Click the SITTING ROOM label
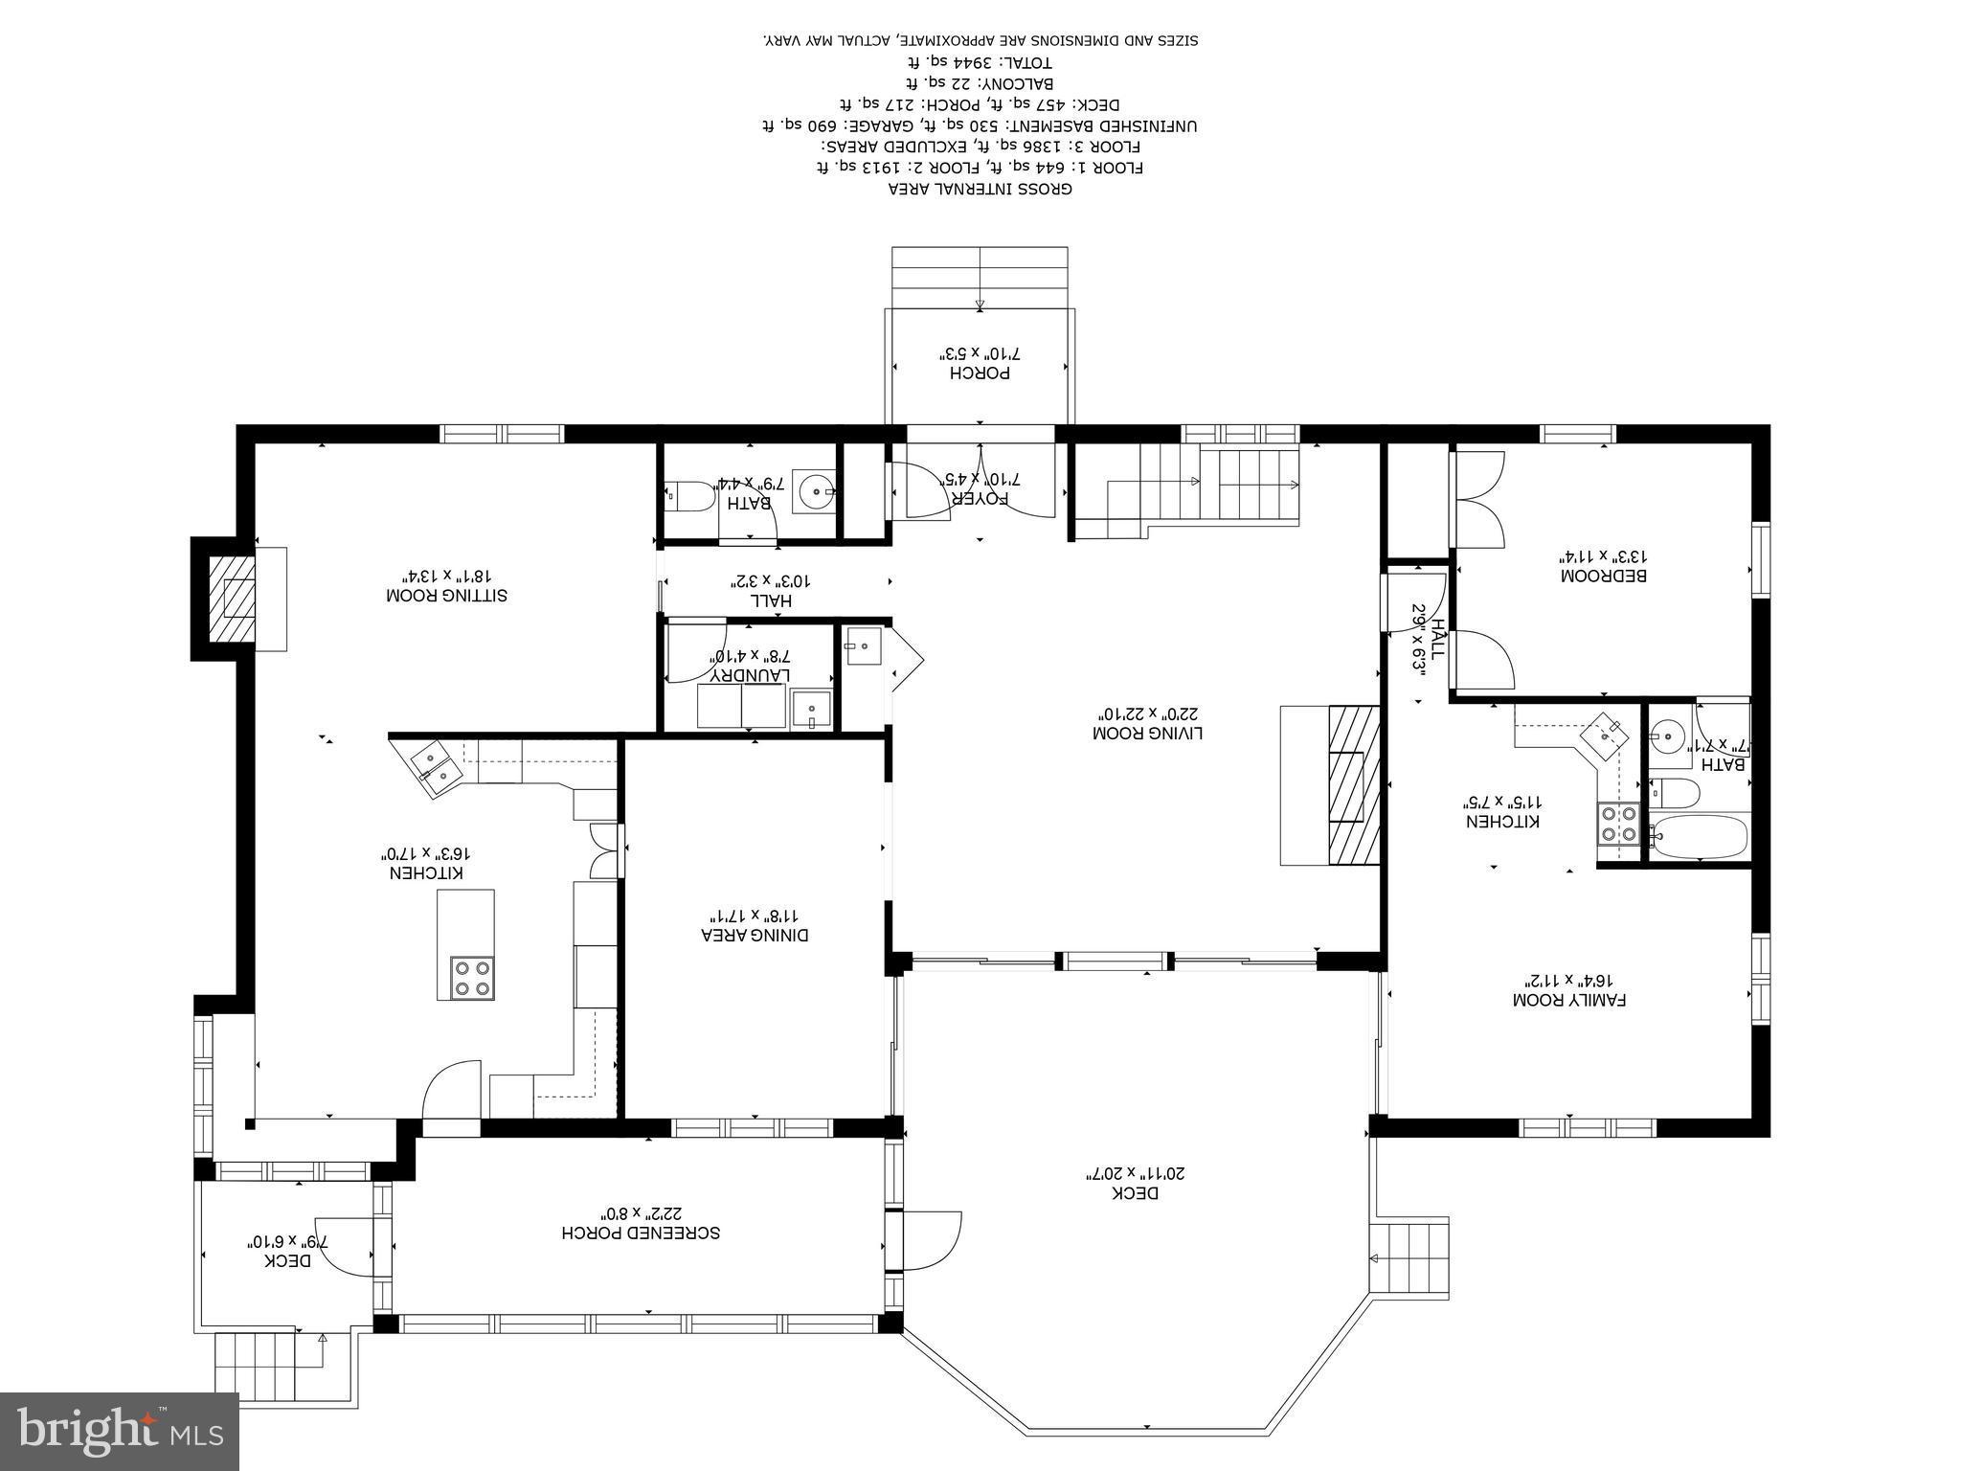(446, 596)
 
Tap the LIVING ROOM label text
(1146, 734)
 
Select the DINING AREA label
(755, 935)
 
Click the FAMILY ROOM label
(1569, 1000)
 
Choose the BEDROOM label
(1603, 577)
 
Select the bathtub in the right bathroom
(1699, 836)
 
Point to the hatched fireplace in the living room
(1352, 785)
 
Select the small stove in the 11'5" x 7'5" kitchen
(1617, 824)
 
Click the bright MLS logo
(120, 1431)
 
